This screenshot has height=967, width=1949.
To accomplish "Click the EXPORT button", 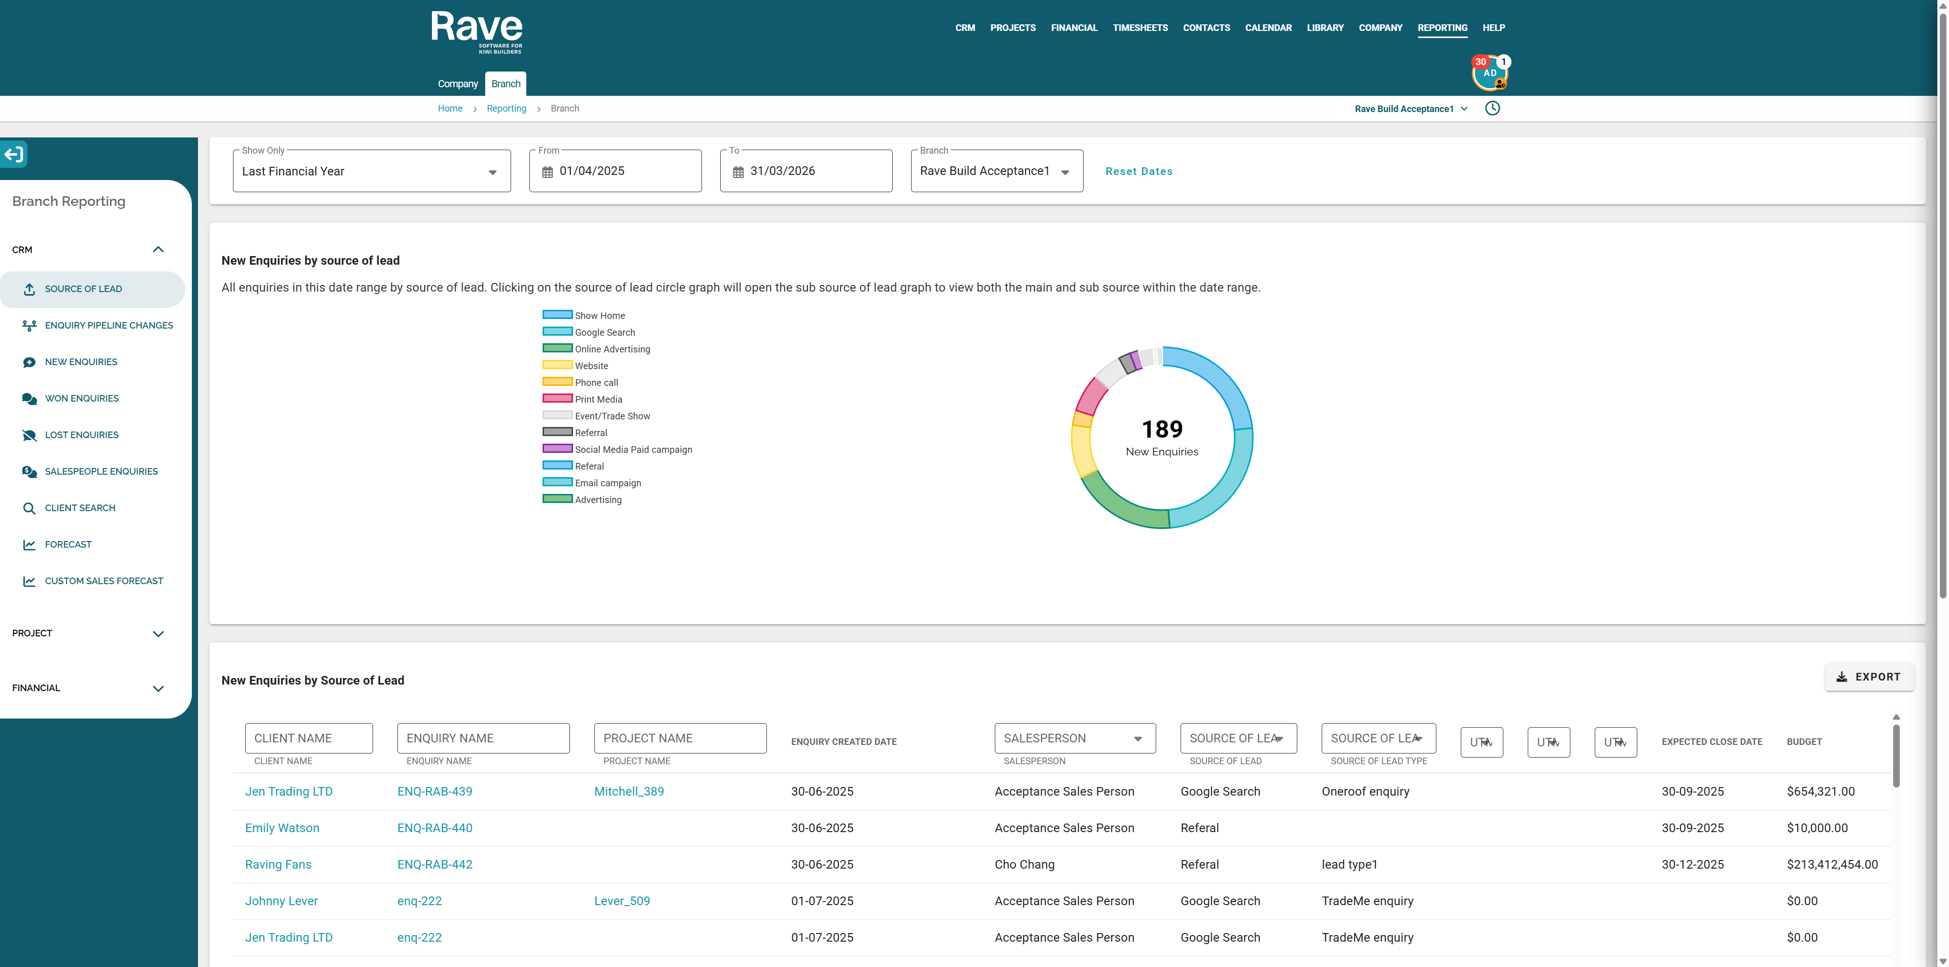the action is click(1869, 676).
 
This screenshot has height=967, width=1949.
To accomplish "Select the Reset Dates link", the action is click(1138, 171).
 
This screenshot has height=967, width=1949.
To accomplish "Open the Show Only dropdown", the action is click(372, 171).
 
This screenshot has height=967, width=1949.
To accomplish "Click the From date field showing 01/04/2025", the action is click(615, 171).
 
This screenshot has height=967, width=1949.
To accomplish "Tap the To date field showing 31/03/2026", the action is click(806, 171).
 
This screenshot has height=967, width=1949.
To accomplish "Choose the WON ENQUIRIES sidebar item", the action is click(81, 399).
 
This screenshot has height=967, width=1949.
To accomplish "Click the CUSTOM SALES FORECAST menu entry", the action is click(104, 581).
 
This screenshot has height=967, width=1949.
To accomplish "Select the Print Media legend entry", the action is click(583, 399).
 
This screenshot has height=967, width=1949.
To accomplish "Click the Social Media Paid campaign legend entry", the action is click(617, 449).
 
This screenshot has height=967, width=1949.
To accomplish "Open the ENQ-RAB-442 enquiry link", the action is click(434, 864).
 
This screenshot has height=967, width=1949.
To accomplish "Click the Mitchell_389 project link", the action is click(629, 792).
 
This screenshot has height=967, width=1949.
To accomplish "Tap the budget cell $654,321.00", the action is click(1821, 792).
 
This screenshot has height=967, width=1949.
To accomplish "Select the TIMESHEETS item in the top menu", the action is click(1140, 28).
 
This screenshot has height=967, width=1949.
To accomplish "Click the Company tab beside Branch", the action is click(458, 84).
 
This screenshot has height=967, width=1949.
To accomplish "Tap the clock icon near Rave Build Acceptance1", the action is click(1492, 108).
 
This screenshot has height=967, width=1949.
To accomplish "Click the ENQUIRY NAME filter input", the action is click(484, 738).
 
